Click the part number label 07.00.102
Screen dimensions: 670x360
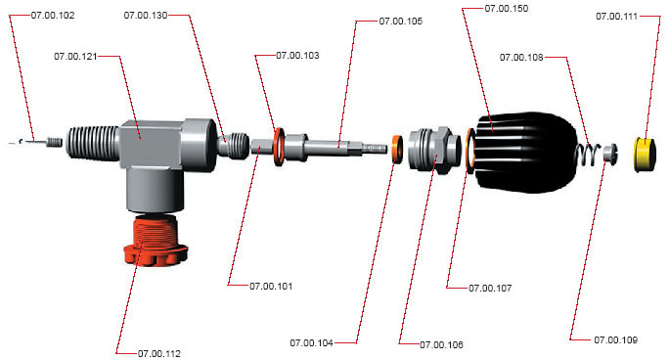(x=53, y=16)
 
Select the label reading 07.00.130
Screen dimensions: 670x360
(x=146, y=16)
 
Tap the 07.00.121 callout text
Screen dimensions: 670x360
(x=75, y=56)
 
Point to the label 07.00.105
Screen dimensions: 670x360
(x=401, y=21)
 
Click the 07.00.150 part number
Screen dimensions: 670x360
(x=507, y=9)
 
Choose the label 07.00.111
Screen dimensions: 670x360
(x=616, y=17)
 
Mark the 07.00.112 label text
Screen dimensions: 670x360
(x=159, y=353)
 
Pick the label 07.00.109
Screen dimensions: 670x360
(x=616, y=339)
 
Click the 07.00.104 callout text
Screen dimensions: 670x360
(x=311, y=343)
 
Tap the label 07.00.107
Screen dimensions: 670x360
(x=490, y=288)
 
